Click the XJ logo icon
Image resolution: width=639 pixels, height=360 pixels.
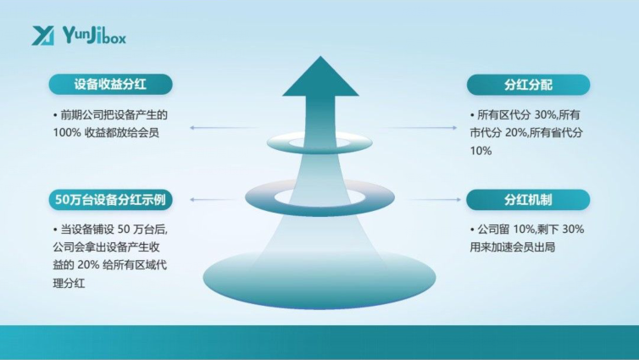pyautogui.click(x=42, y=36)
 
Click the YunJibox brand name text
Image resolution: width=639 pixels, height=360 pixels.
pyautogui.click(x=95, y=35)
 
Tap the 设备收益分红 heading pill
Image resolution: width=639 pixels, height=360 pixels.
pyautogui.click(x=110, y=85)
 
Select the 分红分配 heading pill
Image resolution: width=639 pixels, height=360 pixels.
pyautogui.click(x=528, y=85)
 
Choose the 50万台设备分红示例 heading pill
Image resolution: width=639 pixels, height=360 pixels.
pyautogui.click(x=110, y=200)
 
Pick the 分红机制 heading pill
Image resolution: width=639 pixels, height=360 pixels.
pyautogui.click(x=528, y=200)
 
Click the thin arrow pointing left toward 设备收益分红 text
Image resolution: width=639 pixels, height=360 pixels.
pyautogui.click(x=224, y=128)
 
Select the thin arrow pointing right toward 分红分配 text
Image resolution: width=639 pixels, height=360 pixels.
pyautogui.click(x=419, y=128)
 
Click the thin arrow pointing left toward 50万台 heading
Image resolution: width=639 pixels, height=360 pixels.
pyautogui.click(x=213, y=200)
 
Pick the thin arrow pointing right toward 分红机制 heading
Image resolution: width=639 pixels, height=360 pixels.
pyautogui.click(x=433, y=200)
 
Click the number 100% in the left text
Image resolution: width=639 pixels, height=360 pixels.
pyautogui.click(x=67, y=133)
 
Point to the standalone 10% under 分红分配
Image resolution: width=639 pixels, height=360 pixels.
pyautogui.click(x=481, y=151)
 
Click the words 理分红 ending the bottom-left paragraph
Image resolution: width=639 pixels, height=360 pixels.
pyautogui.click(x=69, y=283)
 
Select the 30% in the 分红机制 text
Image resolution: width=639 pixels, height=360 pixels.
pyautogui.click(x=573, y=230)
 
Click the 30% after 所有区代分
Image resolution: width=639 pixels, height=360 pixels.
pyautogui.click(x=545, y=115)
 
